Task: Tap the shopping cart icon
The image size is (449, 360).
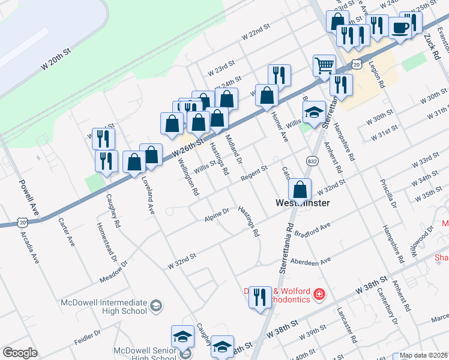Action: click(324, 65)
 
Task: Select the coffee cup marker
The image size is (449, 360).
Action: click(400, 28)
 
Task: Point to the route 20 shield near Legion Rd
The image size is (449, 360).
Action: click(357, 63)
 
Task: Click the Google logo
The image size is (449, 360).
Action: click(20, 353)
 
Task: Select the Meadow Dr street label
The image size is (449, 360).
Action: click(114, 272)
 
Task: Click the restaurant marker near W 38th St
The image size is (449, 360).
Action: click(260, 296)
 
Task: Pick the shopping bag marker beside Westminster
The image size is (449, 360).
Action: click(300, 189)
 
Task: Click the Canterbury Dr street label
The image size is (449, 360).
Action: click(390, 310)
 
